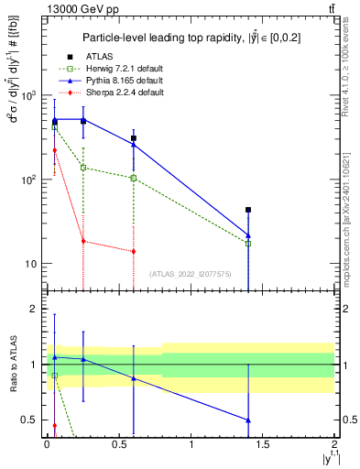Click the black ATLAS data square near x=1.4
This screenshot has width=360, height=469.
(248, 210)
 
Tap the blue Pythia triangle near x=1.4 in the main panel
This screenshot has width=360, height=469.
(248, 235)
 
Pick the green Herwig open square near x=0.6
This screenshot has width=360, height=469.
(134, 178)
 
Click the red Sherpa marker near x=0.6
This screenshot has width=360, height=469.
(134, 251)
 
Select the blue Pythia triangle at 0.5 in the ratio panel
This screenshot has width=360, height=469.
(248, 420)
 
